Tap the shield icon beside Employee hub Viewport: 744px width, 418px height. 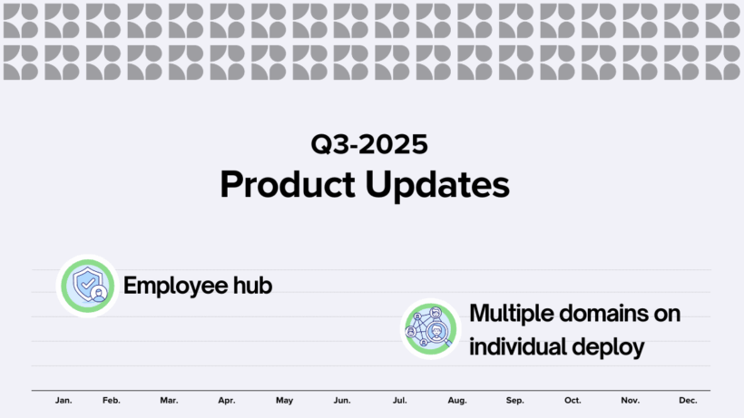[87, 286]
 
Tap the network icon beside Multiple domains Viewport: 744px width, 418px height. [431, 329]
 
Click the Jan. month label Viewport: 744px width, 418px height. [64, 401]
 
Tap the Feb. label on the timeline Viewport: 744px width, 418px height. [112, 401]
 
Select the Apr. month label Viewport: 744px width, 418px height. [227, 401]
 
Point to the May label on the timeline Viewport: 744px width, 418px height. [284, 401]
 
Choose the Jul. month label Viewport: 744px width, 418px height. [399, 401]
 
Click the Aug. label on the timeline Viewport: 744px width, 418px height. [457, 401]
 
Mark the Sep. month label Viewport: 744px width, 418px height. [514, 401]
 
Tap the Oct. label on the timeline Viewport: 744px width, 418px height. [573, 401]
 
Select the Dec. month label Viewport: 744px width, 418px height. [688, 401]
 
